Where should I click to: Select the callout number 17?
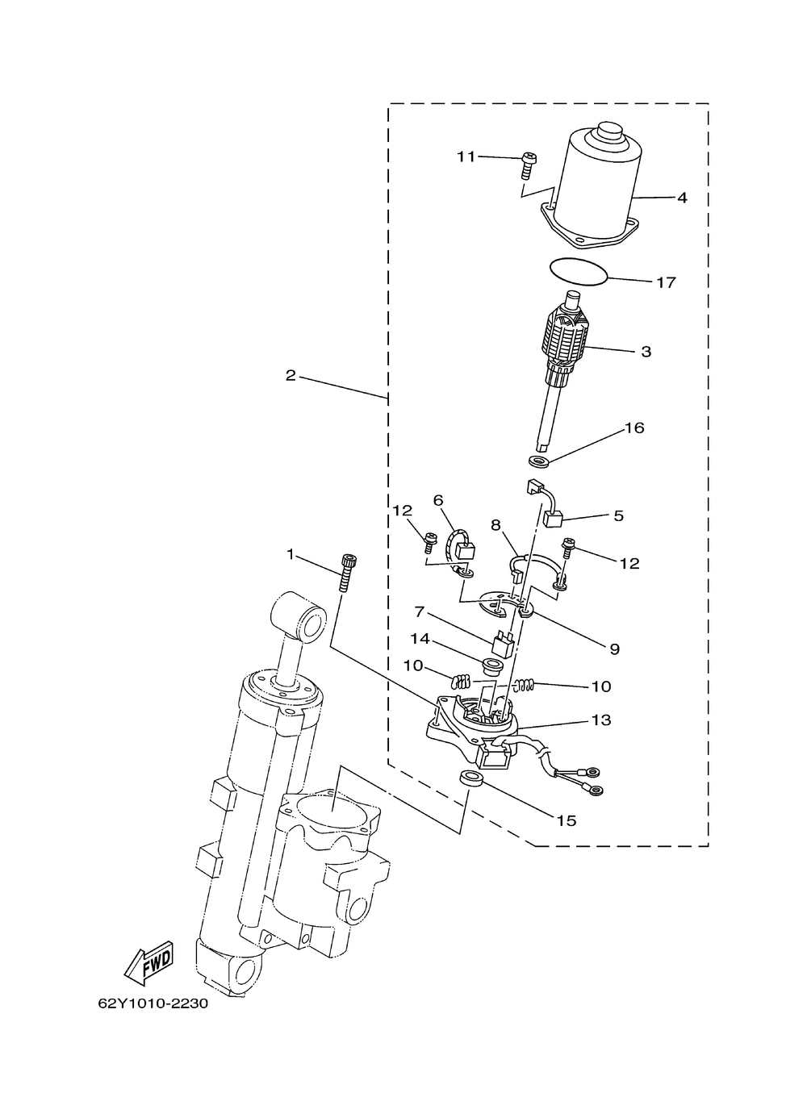click(666, 282)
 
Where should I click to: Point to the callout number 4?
click(682, 198)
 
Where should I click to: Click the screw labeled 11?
click(529, 166)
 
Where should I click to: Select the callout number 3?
click(646, 352)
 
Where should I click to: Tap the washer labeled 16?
click(539, 461)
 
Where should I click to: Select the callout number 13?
click(601, 720)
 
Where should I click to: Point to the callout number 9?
click(614, 649)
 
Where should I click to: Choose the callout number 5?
click(618, 515)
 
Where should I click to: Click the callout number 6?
click(438, 500)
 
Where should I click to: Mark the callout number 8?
click(495, 524)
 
